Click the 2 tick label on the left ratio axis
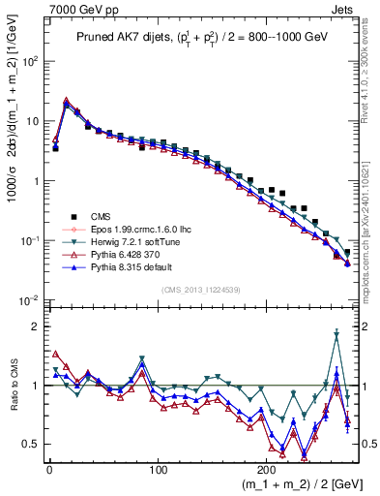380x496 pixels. click(x=34, y=326)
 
